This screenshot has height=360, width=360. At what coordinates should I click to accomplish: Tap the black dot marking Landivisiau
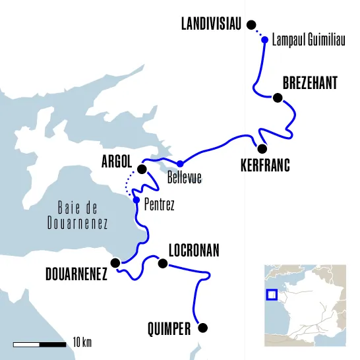(x=251, y=25)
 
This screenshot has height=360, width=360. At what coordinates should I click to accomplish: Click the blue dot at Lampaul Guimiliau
(x=264, y=40)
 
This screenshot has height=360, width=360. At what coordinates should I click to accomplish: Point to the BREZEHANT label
(x=310, y=83)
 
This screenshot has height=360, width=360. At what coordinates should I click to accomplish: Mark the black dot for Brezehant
(x=278, y=98)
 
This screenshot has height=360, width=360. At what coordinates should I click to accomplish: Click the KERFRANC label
(x=265, y=165)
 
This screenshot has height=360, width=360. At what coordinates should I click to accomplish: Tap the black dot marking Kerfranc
(x=262, y=148)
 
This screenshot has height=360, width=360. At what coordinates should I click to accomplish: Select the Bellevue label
(x=184, y=177)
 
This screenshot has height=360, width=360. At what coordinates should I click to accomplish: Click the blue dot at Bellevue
(x=180, y=163)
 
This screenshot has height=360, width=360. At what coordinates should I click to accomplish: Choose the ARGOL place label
(x=117, y=161)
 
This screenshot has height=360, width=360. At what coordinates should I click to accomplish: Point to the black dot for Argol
(x=141, y=169)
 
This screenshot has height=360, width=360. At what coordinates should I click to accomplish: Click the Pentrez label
(x=159, y=206)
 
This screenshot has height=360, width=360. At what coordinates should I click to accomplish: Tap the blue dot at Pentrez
(x=136, y=200)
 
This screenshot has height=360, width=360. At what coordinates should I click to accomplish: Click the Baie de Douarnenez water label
(x=77, y=215)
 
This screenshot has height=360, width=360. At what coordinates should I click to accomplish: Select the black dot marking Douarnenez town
(x=116, y=262)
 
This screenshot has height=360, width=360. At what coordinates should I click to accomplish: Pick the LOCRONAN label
(x=194, y=251)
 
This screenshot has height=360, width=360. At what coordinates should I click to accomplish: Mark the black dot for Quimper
(x=202, y=328)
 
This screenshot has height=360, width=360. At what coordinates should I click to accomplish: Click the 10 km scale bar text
(x=82, y=342)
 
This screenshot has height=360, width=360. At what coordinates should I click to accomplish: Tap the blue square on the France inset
(x=271, y=294)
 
